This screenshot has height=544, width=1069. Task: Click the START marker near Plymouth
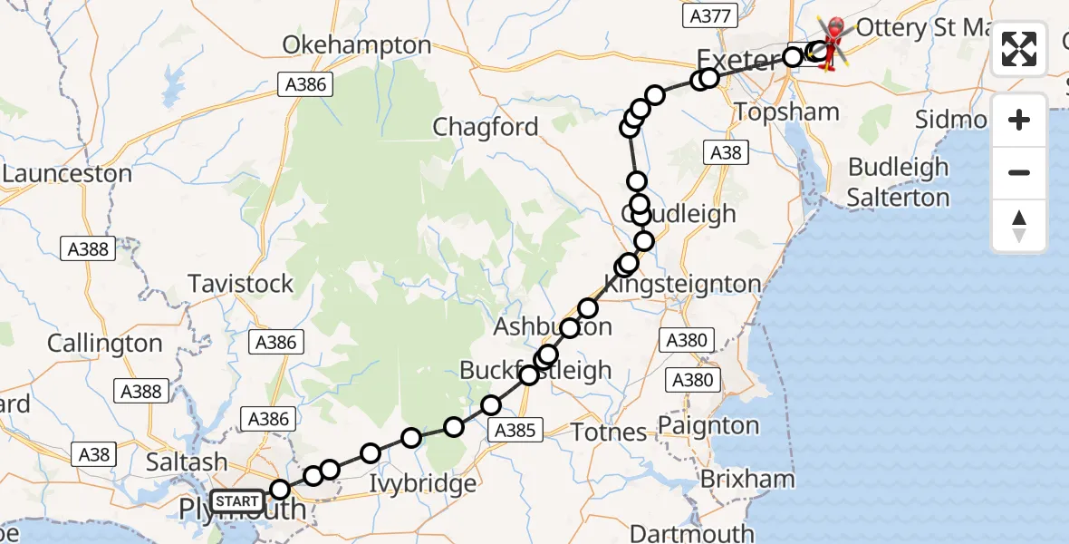click(237, 500)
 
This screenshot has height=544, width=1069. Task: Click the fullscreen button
click(1019, 49)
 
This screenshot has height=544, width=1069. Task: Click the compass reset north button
click(1019, 226)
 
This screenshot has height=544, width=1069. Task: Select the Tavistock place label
click(241, 284)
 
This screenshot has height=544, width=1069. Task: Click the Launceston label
click(67, 173)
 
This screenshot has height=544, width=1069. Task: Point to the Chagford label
click(486, 127)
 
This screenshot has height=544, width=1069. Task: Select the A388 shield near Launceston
click(88, 248)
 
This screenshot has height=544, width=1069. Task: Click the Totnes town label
click(609, 432)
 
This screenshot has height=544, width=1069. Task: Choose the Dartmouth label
click(691, 533)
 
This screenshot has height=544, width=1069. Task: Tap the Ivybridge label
click(422, 483)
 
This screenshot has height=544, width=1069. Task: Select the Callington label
click(104, 344)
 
